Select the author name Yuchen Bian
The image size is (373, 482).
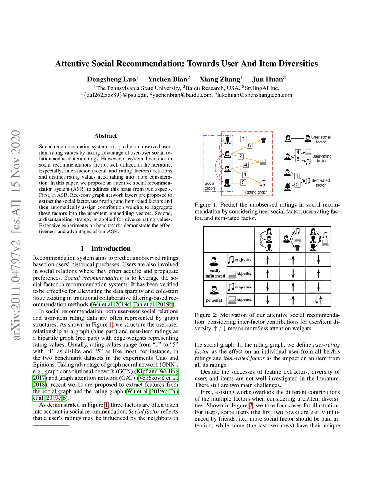point(168,79)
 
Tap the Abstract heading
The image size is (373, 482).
point(106,136)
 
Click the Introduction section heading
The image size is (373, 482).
point(111,248)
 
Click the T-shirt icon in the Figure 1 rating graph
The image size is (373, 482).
point(264,140)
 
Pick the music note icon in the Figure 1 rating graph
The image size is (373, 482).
point(263,183)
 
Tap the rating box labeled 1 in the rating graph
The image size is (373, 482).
point(245,175)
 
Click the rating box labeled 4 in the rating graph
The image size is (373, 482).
point(246,164)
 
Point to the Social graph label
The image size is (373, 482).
point(210,186)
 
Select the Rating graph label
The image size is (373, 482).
point(256,192)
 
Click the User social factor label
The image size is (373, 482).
point(321,139)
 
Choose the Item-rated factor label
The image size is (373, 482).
point(321,183)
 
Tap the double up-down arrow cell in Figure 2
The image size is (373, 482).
point(318,300)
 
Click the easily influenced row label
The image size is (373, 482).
point(215,273)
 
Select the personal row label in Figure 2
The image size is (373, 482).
point(214,300)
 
